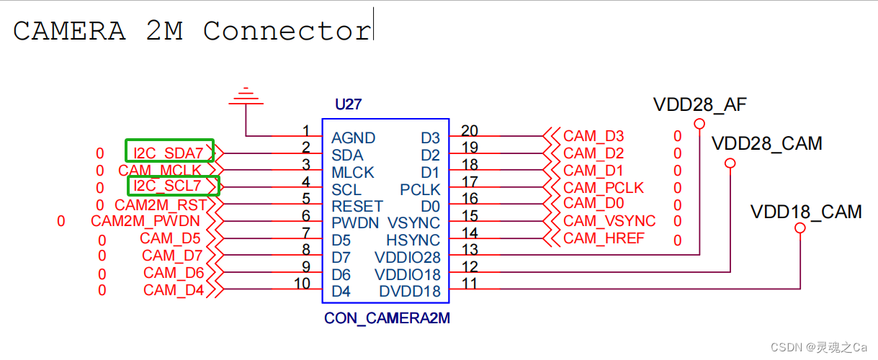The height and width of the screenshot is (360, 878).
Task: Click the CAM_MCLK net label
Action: [160, 171]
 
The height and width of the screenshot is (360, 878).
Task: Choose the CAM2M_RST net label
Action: [161, 205]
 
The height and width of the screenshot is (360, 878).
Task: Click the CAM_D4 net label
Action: [174, 290]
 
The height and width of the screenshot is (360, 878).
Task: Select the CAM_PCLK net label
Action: [604, 188]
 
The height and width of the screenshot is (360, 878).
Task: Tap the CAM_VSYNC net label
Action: [609, 221]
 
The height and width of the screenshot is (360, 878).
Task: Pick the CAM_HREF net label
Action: [604, 238]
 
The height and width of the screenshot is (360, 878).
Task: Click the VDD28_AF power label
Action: [699, 104]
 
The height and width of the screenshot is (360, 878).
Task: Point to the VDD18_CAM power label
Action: [806, 212]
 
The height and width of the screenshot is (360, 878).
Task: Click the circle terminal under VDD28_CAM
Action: [730, 163]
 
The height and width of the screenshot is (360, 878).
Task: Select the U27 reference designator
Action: [348, 104]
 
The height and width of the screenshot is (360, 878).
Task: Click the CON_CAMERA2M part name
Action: [387, 318]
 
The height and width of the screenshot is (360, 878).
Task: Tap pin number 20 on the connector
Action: [470, 130]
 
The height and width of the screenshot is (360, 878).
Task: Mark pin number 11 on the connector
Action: [470, 284]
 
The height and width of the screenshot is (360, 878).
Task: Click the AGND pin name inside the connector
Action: [353, 138]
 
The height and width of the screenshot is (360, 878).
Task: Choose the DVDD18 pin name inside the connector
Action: [409, 292]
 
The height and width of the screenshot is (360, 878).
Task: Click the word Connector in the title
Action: [287, 31]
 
